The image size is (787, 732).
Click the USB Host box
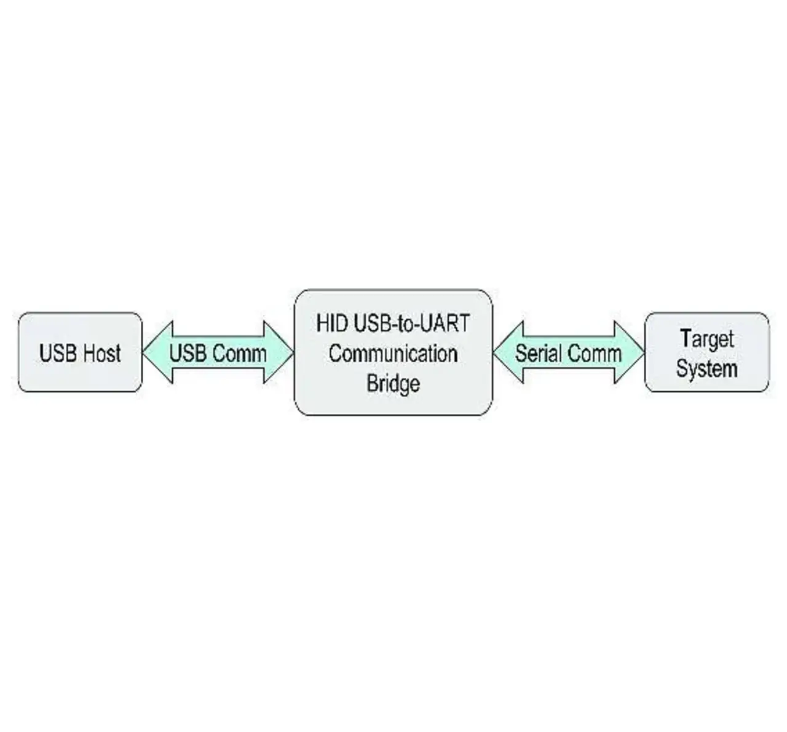point(80,352)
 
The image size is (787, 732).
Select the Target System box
point(707,352)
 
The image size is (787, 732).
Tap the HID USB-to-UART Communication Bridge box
point(393,352)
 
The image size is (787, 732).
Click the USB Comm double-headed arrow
point(218,352)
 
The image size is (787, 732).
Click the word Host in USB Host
point(101,353)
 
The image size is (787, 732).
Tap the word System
point(707,369)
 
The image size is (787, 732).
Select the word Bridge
point(393,384)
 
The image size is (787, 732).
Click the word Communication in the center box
point(393,353)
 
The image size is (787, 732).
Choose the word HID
point(332,323)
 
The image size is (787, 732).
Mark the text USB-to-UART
point(411,323)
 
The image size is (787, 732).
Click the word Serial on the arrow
point(540,353)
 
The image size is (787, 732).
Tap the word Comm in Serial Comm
point(596,353)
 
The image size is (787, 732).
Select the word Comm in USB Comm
point(240,353)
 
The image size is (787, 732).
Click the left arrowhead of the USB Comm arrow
point(157,352)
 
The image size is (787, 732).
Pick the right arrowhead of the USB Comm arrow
point(279,352)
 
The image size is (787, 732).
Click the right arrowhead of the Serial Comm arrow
point(630,352)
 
